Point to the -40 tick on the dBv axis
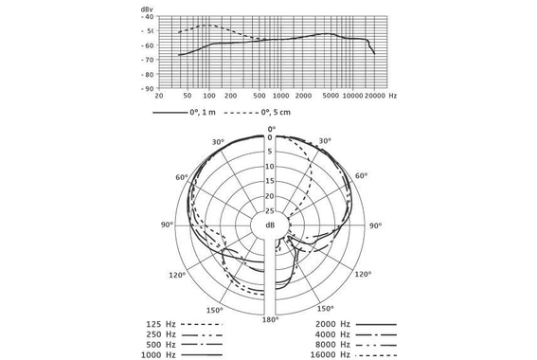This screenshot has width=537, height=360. pyautogui.click(x=147, y=17)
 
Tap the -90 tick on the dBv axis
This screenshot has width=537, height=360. pyautogui.click(x=147, y=88)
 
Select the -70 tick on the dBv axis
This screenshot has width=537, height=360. pyautogui.click(x=147, y=60)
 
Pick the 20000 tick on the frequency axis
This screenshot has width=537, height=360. pyautogui.click(x=375, y=97)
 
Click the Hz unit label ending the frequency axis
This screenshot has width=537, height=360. pyautogui.click(x=393, y=97)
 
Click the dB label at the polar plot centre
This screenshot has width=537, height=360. pyautogui.click(x=271, y=225)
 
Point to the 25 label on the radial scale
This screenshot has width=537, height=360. pyautogui.click(x=271, y=210)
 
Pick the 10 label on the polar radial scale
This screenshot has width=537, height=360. pyautogui.click(x=271, y=167)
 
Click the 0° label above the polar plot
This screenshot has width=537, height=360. pyautogui.click(x=271, y=129)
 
